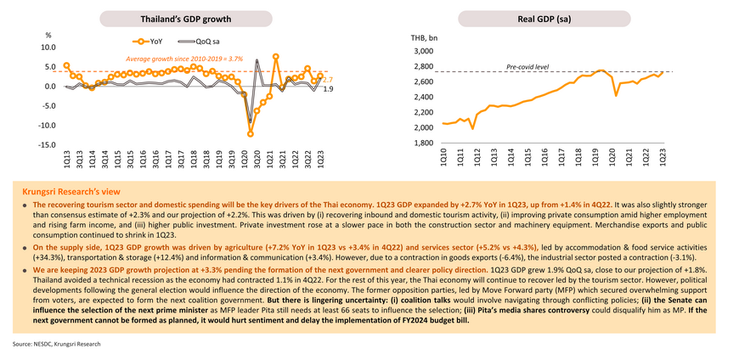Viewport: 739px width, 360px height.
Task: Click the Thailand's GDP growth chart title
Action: pyautogui.click(x=177, y=18)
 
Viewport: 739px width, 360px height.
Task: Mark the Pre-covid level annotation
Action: pyautogui.click(x=527, y=65)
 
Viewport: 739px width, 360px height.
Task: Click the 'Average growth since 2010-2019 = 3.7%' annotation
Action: pyautogui.click(x=184, y=59)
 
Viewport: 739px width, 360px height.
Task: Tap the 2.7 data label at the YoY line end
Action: pyautogui.click(x=328, y=78)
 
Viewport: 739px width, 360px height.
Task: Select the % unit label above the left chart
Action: pyautogui.click(x=48, y=36)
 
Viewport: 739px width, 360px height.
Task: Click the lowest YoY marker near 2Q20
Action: pyautogui.click(x=251, y=133)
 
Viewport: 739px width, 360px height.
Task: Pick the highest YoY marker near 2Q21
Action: pyautogui.click(x=276, y=57)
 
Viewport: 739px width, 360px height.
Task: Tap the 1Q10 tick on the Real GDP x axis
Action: pyautogui.click(x=443, y=158)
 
